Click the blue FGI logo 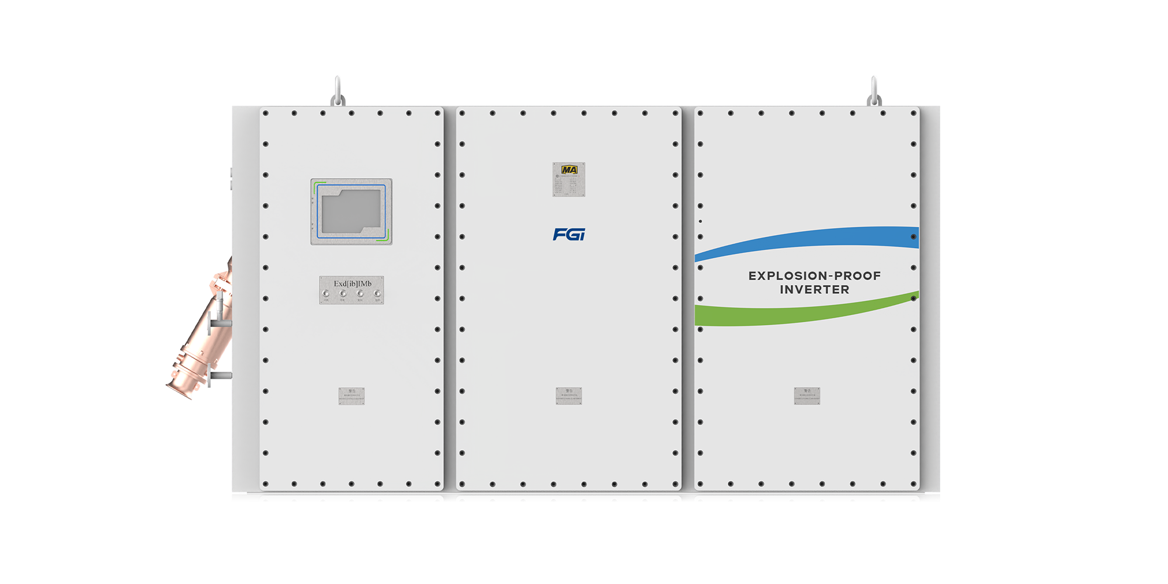[x=569, y=234]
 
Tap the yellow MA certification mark [x=569, y=170]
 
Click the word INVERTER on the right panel [x=815, y=290]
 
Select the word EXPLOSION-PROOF [x=815, y=276]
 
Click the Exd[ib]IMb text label [x=352, y=284]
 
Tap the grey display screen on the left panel [x=352, y=211]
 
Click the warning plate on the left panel [x=352, y=396]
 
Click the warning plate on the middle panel [x=569, y=396]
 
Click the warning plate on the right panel [x=807, y=396]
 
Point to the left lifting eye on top [x=338, y=93]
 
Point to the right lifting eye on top [x=874, y=93]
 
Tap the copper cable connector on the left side [x=201, y=333]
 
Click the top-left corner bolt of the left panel [x=266, y=113]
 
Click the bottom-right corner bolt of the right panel [x=913, y=484]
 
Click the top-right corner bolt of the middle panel [x=675, y=113]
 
